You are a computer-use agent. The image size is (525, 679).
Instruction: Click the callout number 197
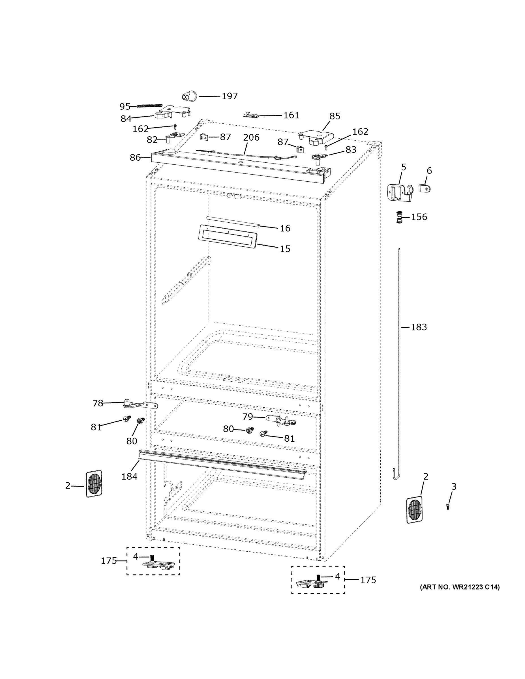click(x=230, y=96)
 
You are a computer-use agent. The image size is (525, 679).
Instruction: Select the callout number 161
click(x=291, y=115)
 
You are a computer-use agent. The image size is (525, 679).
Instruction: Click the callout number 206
click(x=251, y=137)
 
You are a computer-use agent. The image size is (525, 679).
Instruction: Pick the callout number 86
click(x=135, y=158)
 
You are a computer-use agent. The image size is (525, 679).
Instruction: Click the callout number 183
click(x=419, y=327)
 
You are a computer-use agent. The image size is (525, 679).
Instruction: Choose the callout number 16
click(x=285, y=229)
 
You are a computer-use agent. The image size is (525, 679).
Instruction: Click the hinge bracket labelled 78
click(x=140, y=405)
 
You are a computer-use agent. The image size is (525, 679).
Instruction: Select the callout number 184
click(x=129, y=476)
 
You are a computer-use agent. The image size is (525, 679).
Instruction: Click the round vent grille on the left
click(x=94, y=484)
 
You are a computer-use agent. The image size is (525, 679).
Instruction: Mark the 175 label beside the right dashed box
click(x=368, y=580)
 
